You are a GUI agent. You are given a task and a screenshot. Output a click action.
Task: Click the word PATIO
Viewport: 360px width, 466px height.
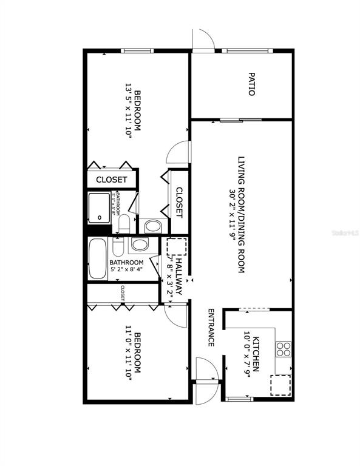[251, 84]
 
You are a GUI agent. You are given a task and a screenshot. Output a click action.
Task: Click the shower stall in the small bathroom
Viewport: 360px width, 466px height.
[98, 208]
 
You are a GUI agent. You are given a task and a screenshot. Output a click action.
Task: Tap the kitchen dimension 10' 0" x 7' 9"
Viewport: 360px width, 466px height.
[248, 353]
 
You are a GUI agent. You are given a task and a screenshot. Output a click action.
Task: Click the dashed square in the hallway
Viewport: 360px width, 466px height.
[176, 248]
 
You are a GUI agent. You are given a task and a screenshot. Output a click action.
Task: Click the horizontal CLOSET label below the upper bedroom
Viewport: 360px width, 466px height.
[112, 180]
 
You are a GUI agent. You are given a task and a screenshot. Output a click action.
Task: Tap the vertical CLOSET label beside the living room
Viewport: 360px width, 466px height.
[179, 203]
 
